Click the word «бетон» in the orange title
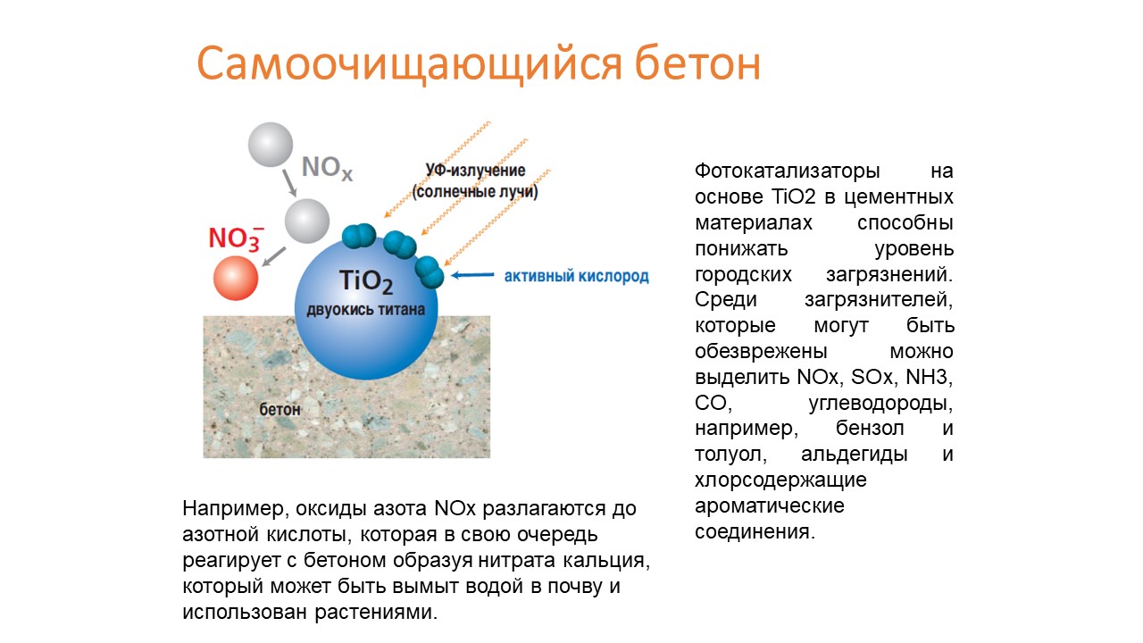pos(697,63)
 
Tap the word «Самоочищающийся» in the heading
pos(409,65)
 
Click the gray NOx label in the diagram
pos(327,168)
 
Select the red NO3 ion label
pos(237,238)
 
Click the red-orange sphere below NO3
pos(236,278)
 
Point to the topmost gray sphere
pos(271,145)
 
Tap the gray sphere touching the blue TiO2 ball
pos(306,221)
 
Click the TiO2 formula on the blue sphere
pos(366,281)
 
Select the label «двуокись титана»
pos(365,310)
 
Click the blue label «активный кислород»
pos(577,276)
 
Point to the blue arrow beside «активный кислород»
pos(472,275)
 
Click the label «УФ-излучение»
pos(476,170)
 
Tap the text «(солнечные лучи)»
pos(475,192)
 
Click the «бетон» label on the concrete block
pos(279,409)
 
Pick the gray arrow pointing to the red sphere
pos(274,256)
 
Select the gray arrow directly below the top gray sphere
pos(289,183)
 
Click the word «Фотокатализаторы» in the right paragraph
pos(788,171)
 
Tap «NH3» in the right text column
pos(929,377)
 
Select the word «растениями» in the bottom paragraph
pos(376,613)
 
